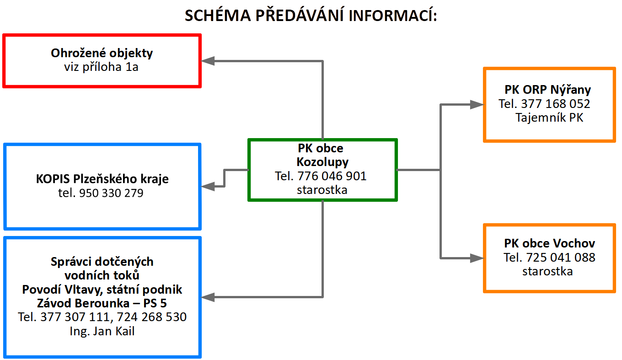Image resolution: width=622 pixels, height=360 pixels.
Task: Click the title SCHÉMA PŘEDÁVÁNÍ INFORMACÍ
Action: pyautogui.click(x=311, y=15)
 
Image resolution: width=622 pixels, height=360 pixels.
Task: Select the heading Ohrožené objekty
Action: pyautogui.click(x=102, y=53)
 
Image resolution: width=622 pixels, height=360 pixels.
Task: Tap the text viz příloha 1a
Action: pyautogui.click(x=101, y=67)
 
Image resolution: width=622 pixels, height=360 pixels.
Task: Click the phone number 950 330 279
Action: pyautogui.click(x=111, y=193)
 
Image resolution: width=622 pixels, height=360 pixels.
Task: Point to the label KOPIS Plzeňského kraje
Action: pyautogui.click(x=102, y=179)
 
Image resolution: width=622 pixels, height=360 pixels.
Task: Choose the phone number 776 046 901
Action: pyautogui.click(x=332, y=176)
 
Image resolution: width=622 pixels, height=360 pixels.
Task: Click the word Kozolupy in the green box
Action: pyautogui.click(x=322, y=162)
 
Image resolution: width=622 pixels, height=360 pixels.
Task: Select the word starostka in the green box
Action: pyautogui.click(x=322, y=190)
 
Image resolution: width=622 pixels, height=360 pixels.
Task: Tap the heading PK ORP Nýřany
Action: pyautogui.click(x=547, y=90)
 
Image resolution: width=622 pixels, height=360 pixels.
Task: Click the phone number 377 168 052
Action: pyautogui.click(x=555, y=104)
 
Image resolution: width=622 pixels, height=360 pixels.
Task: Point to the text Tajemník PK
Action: pyautogui.click(x=549, y=118)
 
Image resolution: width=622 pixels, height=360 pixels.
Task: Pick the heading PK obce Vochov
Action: pyautogui.click(x=550, y=243)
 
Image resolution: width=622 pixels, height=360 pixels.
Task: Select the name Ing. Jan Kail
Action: pyautogui.click(x=102, y=331)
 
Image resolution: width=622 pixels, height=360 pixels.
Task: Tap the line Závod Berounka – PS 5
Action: pyautogui.click(x=102, y=303)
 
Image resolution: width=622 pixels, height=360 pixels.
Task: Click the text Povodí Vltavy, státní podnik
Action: pyautogui.click(x=102, y=290)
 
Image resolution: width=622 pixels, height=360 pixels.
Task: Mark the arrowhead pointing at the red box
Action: pyautogui.click(x=208, y=61)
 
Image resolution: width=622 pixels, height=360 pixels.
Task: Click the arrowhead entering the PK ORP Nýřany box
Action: pyautogui.click(x=477, y=104)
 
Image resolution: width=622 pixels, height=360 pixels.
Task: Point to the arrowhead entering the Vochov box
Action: pyautogui.click(x=477, y=258)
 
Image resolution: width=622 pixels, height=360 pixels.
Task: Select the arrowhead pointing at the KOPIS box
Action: pyautogui.click(x=208, y=186)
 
